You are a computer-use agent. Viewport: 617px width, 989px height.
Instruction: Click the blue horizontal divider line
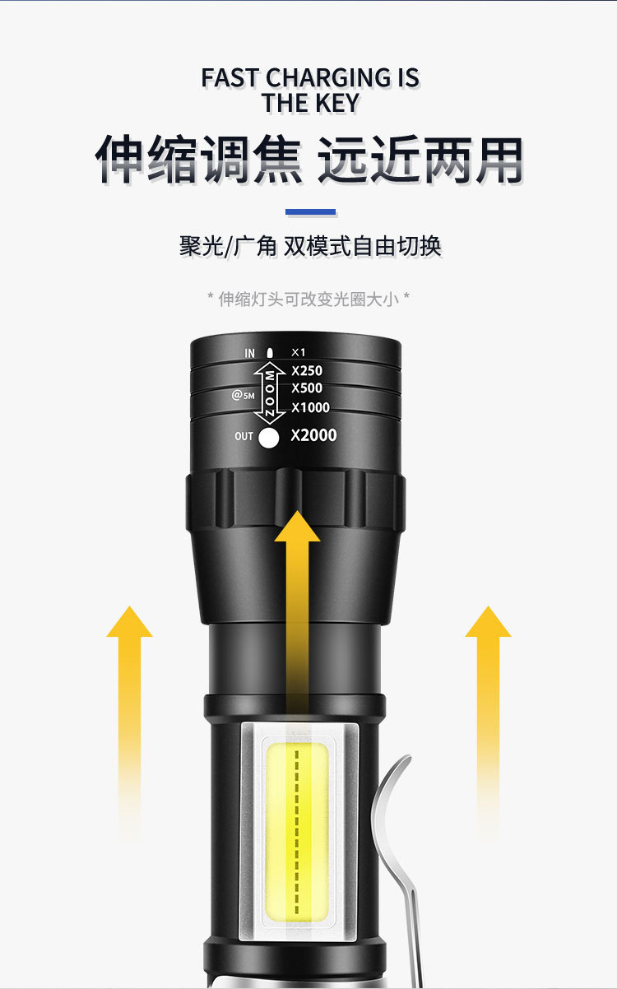point(310,212)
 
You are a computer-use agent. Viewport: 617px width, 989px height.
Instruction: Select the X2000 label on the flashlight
point(313,436)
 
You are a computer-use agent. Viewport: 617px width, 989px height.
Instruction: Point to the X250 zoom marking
point(307,371)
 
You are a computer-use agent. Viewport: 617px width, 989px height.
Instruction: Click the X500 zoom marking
point(307,388)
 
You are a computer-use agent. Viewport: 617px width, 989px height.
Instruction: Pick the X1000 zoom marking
point(310,407)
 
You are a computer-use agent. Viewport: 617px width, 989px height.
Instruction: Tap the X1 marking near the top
point(299,352)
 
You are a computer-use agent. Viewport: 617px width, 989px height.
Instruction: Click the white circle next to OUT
point(269,438)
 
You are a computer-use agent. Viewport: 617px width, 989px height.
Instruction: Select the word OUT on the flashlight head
point(244,436)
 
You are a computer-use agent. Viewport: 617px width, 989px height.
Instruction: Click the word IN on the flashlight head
point(249,353)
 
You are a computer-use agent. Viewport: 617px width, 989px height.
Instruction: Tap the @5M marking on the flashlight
point(243,395)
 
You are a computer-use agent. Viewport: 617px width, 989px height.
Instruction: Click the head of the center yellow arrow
point(297,527)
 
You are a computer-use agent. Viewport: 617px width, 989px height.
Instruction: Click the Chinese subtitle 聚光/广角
point(228,246)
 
